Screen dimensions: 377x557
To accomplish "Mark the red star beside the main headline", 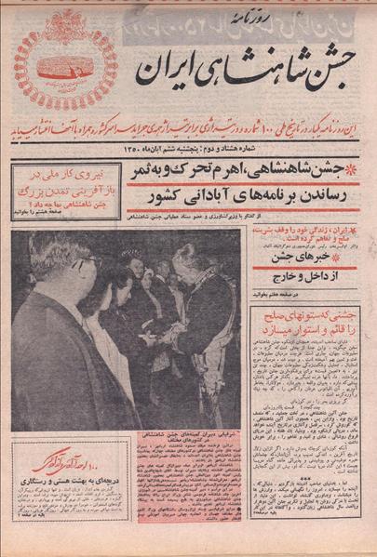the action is (x=349, y=169).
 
